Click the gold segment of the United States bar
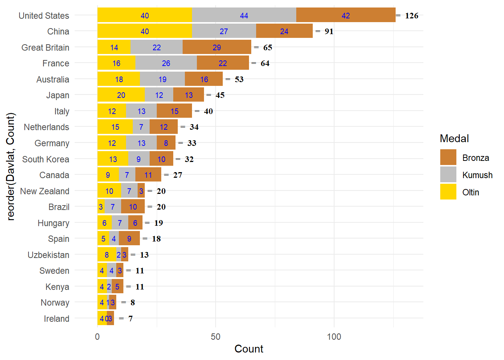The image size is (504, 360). click(x=144, y=15)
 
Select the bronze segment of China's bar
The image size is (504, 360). click(x=284, y=31)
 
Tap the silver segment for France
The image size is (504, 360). click(x=166, y=63)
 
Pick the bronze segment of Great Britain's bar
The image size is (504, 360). click(x=217, y=47)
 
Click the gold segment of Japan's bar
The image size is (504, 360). click(x=121, y=95)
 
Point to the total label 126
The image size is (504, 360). click(x=411, y=16)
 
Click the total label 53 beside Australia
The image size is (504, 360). click(x=239, y=79)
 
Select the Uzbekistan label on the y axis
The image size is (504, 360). click(x=48, y=255)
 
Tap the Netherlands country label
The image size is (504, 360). click(x=46, y=127)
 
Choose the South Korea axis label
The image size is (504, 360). click(x=46, y=159)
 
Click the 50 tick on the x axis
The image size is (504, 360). click(x=216, y=336)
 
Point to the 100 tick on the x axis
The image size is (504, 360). click(x=334, y=336)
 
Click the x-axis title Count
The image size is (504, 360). click(x=249, y=349)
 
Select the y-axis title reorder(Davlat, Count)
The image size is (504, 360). click(x=10, y=166)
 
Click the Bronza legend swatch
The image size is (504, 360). click(x=448, y=157)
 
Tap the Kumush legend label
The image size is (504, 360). click(x=477, y=175)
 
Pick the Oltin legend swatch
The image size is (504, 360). click(x=448, y=192)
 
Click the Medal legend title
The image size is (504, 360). click(x=454, y=139)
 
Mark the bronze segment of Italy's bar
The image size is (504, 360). click(x=174, y=111)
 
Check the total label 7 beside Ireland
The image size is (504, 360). click(x=130, y=319)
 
